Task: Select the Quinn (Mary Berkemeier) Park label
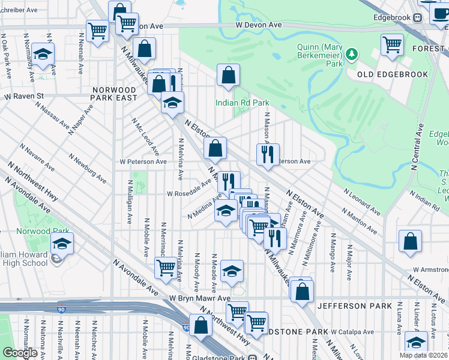coord(321,55)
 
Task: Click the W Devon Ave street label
coord(259,25)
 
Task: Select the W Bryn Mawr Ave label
coord(199,298)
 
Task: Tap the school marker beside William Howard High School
coord(61,244)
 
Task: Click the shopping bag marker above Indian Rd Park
coord(228,76)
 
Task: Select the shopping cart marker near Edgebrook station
coord(392,44)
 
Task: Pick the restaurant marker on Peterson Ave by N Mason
coord(268,154)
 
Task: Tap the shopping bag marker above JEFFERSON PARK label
coord(303,291)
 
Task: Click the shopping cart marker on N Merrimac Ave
coord(165,268)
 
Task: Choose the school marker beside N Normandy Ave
coord(43,54)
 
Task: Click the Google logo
coord(20,353)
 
